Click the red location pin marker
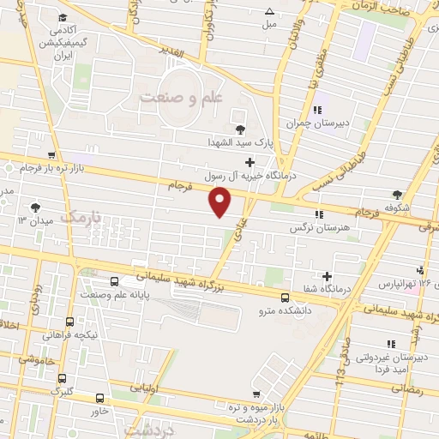[x=221, y=202]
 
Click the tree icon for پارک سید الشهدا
[x=239, y=129]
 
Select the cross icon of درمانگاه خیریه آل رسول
[x=250, y=162]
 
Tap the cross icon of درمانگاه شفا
[x=326, y=275]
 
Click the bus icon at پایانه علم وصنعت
[x=115, y=281]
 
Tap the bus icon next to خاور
[x=100, y=398]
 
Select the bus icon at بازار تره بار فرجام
[x=52, y=156]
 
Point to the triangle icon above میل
[x=270, y=11]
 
